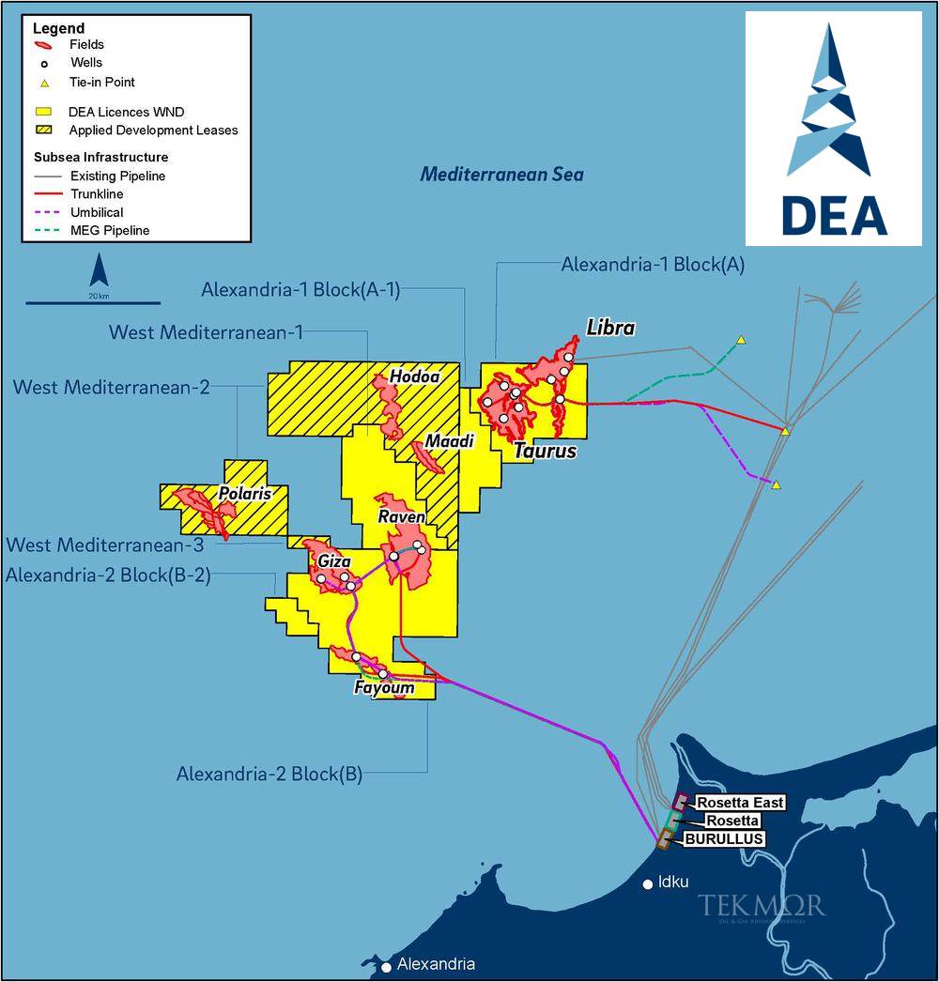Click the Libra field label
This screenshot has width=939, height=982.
click(x=610, y=328)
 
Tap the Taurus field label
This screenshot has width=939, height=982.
click(x=545, y=452)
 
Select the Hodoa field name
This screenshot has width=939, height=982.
click(x=415, y=376)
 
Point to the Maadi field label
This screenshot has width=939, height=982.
click(x=448, y=440)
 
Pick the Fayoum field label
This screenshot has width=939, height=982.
click(x=384, y=688)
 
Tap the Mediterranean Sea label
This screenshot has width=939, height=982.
click(x=501, y=174)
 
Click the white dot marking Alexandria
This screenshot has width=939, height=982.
click(x=386, y=966)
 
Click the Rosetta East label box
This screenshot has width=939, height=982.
click(x=740, y=803)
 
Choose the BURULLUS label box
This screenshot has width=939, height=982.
click(x=723, y=838)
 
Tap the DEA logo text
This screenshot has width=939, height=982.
click(x=834, y=215)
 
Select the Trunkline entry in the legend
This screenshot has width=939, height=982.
click(x=97, y=194)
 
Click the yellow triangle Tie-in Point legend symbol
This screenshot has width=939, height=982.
click(x=44, y=83)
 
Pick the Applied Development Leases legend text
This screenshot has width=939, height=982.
click(x=153, y=130)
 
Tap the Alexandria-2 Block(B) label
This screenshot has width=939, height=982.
click(x=269, y=775)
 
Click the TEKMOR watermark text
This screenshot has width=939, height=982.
click(x=761, y=906)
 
